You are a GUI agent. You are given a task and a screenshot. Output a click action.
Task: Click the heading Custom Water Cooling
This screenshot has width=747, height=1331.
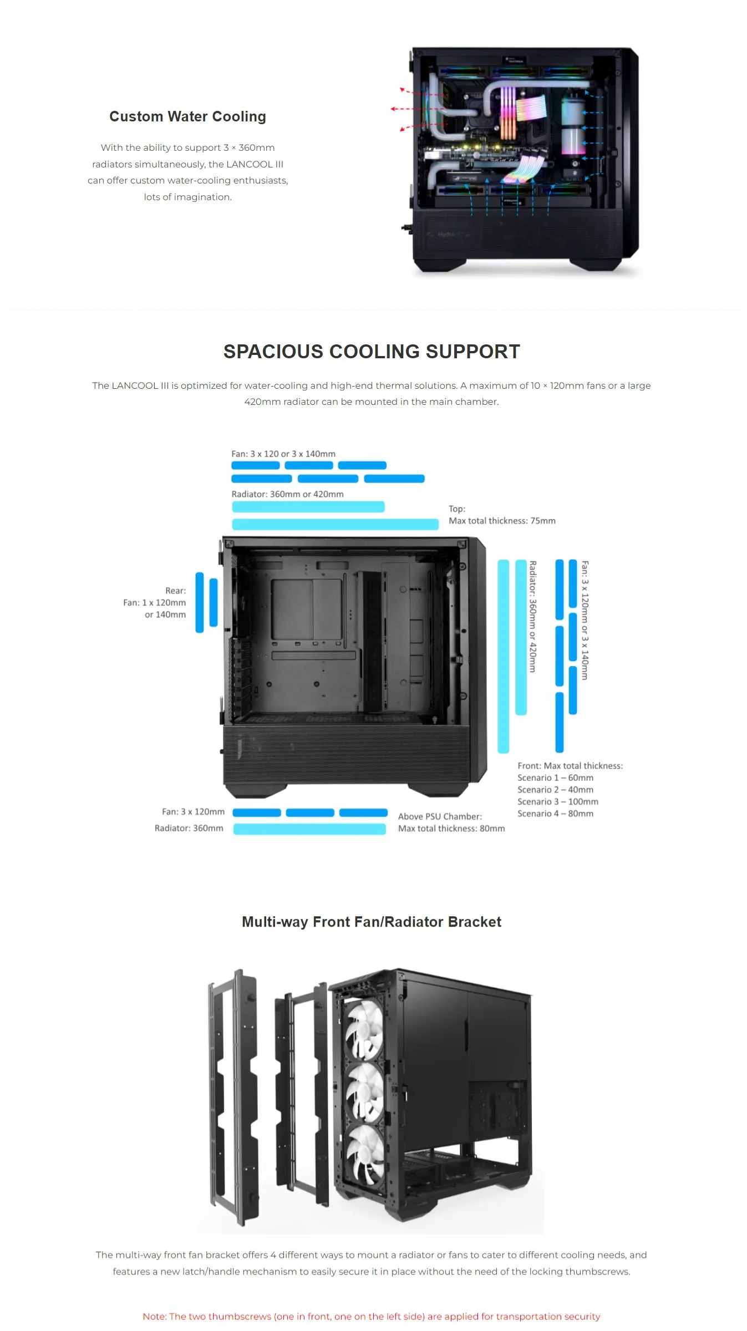[187, 116]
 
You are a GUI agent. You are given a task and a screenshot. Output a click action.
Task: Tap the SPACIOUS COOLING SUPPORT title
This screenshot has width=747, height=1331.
[372, 351]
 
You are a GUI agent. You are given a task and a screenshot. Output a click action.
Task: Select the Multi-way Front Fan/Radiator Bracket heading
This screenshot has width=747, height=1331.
[372, 922]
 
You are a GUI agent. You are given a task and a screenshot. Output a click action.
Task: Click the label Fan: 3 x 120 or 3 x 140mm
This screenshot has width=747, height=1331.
[283, 454]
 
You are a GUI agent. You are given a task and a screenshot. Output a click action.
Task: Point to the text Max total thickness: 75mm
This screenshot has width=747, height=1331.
[502, 521]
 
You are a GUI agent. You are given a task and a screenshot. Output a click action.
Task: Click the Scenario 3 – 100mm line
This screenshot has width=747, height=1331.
[558, 801]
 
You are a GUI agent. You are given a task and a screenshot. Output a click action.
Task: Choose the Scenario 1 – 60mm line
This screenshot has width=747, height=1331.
[555, 778]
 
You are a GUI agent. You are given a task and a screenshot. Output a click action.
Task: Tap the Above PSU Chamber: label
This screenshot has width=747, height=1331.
[440, 816]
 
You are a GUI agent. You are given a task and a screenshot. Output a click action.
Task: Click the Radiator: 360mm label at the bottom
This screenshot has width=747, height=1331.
[189, 828]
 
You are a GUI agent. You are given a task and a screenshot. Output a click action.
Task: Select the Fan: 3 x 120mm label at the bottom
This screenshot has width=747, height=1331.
[193, 811]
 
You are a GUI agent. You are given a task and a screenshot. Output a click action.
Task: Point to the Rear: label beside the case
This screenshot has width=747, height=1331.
[175, 591]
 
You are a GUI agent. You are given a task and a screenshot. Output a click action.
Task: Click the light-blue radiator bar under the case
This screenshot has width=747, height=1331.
[309, 829]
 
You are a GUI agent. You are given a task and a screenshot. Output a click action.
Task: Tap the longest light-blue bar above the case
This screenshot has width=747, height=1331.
[335, 524]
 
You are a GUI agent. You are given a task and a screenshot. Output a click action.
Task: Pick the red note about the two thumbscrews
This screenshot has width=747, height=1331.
[372, 1316]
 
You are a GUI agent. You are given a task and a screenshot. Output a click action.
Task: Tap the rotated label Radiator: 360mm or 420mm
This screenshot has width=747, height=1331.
[532, 617]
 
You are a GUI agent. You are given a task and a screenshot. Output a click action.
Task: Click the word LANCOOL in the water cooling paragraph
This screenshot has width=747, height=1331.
[249, 164]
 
